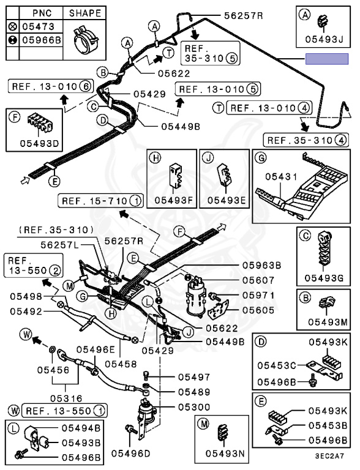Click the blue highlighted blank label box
(x=327, y=59)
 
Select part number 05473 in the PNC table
(x=39, y=27)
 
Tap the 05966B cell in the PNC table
(x=42, y=40)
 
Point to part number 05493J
(x=324, y=40)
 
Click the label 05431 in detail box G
(x=281, y=177)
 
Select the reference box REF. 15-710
(x=100, y=201)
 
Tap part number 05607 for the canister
(x=258, y=280)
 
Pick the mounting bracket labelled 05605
(x=218, y=310)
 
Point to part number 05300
(x=194, y=407)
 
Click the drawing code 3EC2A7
(x=329, y=456)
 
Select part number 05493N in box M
(x=225, y=453)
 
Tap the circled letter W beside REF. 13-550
(x=15, y=411)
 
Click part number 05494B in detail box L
(x=81, y=428)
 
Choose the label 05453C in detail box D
(x=277, y=365)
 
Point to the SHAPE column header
(x=85, y=13)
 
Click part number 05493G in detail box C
(x=324, y=278)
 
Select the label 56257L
(x=60, y=245)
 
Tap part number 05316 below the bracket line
(x=66, y=398)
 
